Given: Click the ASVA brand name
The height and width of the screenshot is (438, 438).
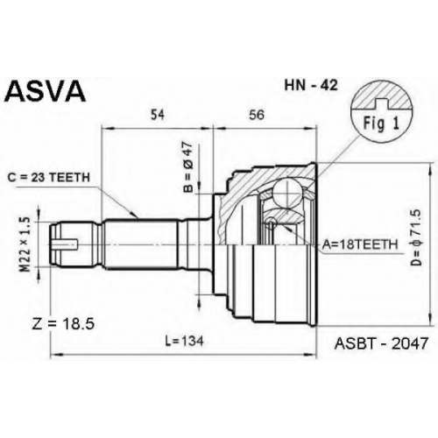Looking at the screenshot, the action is pyautogui.click(x=46, y=90).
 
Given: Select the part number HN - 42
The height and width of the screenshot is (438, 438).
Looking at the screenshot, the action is pyautogui.click(x=311, y=85).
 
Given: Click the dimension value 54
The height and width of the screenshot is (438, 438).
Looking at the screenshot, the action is pyautogui.click(x=158, y=115).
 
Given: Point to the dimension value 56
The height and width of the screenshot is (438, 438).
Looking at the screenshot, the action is pyautogui.click(x=257, y=115).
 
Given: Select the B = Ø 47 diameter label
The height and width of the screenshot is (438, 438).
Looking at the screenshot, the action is pyautogui.click(x=188, y=167).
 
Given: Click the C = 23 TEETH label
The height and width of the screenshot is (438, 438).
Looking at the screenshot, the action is pyautogui.click(x=49, y=177).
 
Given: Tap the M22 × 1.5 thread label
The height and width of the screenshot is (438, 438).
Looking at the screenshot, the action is pyautogui.click(x=25, y=244).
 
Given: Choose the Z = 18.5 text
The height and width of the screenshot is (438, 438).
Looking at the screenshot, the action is pyautogui.click(x=63, y=324).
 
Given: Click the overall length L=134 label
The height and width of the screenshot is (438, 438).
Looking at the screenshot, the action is pyautogui.click(x=184, y=341).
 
